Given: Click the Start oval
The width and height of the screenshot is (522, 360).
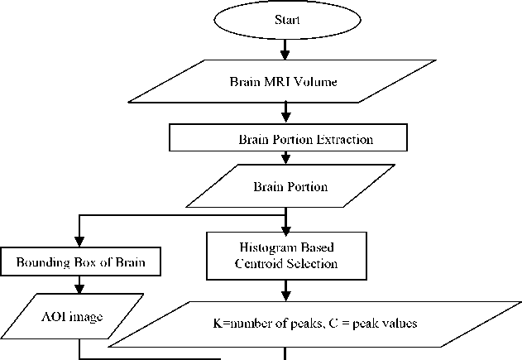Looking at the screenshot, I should pos(285,19).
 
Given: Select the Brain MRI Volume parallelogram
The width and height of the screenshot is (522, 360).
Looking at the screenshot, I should pos(285,82).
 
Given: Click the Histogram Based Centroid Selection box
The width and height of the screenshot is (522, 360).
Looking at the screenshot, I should pos(285,257).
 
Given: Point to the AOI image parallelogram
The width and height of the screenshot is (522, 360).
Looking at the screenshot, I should pos(79,315).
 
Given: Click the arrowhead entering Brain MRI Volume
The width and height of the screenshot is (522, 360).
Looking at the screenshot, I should pos(285,54).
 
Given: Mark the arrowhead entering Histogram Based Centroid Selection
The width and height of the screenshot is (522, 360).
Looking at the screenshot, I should pos(285,228).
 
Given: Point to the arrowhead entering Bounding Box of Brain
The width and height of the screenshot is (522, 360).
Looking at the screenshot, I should pos(79,244).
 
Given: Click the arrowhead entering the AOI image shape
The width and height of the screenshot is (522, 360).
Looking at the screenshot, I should pos(79,289).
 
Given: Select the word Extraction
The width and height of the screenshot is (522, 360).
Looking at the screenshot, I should pos(344,139).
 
